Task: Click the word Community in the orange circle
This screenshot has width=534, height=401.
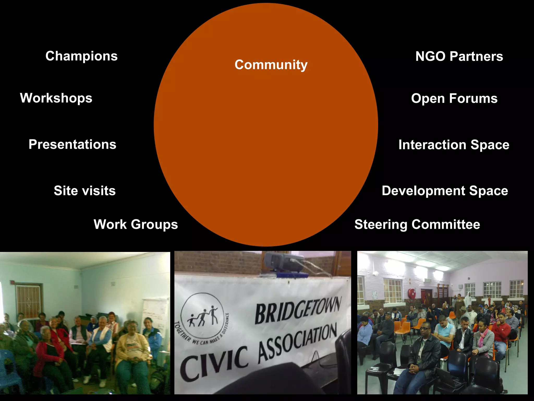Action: pyautogui.click(x=271, y=64)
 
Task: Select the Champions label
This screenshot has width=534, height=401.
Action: pyautogui.click(x=81, y=56)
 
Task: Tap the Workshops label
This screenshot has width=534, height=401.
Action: pyautogui.click(x=56, y=98)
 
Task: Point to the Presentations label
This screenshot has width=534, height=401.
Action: pyautogui.click(x=72, y=144)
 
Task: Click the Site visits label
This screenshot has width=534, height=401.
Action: pyautogui.click(x=84, y=191)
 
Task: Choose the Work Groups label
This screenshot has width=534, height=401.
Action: pyautogui.click(x=136, y=224)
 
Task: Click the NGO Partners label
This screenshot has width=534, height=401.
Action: pyautogui.click(x=459, y=56)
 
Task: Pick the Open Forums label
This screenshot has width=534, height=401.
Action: pyautogui.click(x=454, y=98)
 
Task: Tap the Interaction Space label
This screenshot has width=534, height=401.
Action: pyautogui.click(x=454, y=145)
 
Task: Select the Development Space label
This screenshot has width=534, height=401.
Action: pyautogui.click(x=445, y=191)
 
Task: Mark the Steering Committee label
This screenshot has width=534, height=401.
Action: pyautogui.click(x=417, y=225)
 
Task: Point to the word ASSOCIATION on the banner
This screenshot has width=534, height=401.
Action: pyautogui.click(x=297, y=343)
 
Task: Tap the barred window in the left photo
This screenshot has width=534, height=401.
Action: pyautogui.click(x=28, y=300)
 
